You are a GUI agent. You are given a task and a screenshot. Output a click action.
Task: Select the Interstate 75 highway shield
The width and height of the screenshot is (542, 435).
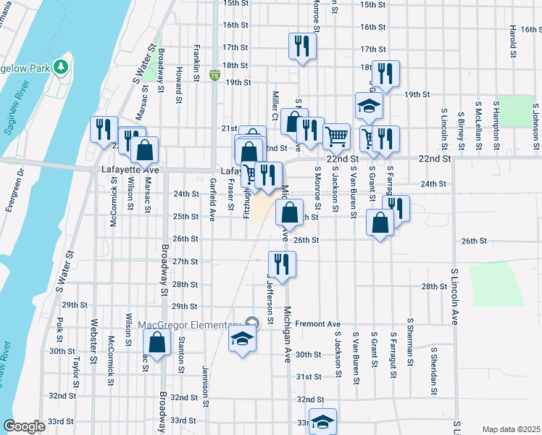(214, 75)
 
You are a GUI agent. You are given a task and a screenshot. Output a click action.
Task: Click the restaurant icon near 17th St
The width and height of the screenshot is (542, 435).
(299, 46)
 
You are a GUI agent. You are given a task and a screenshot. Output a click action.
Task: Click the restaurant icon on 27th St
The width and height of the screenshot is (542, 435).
(280, 263)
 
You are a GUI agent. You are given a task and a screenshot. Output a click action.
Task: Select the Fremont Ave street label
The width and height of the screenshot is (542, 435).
(317, 323)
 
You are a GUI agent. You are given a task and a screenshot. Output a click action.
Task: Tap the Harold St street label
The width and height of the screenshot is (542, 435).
(512, 41)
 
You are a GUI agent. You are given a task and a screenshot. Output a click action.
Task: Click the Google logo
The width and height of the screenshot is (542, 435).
(24, 426)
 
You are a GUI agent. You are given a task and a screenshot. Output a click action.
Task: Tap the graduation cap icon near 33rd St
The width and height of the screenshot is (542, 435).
(322, 421)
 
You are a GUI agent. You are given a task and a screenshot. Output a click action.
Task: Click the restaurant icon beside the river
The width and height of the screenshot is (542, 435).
(103, 129)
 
